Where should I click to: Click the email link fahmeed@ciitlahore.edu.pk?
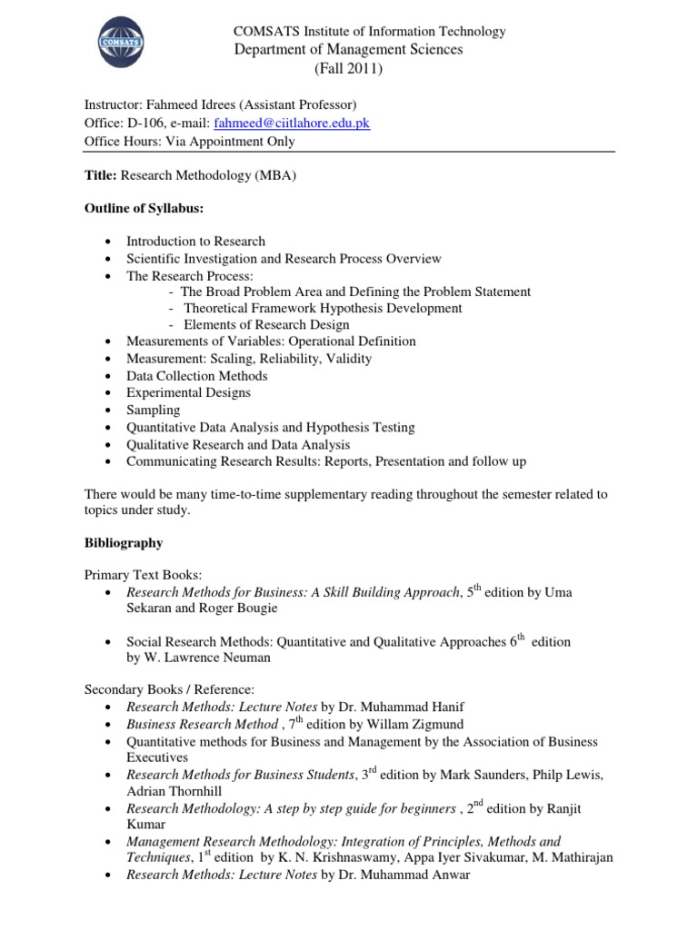291,123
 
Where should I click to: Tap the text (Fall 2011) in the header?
348,68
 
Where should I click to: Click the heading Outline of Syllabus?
144,208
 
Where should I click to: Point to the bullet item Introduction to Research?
195,242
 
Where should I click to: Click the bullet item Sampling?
153,410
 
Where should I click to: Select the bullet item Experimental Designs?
188,393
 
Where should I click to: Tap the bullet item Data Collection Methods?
196,376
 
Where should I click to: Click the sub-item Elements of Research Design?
265,325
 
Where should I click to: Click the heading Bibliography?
124,543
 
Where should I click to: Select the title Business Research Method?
202,724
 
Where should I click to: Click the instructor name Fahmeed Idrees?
186,105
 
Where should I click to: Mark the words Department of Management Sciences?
348,49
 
